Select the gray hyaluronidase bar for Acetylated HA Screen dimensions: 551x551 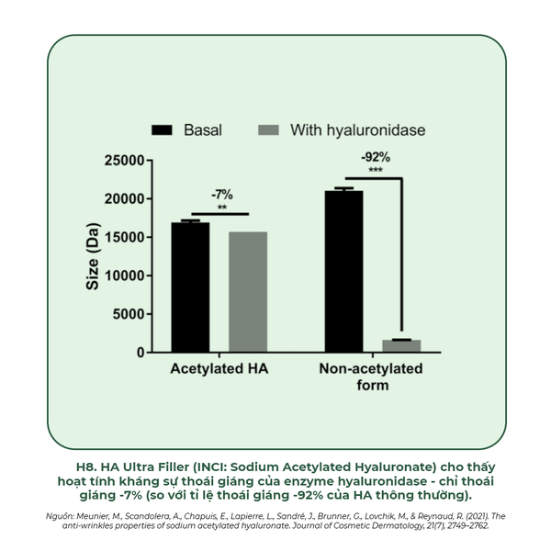point(248,292)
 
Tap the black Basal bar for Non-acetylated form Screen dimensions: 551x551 point(343,271)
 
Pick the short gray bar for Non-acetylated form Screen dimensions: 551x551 point(401,346)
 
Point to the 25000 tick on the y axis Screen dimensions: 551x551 point(121,161)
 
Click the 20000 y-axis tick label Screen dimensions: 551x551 point(121,199)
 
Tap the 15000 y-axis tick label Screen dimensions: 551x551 point(121,238)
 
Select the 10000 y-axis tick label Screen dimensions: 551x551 point(121,276)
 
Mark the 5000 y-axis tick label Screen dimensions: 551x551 point(126,314)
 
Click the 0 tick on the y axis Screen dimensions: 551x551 point(140,353)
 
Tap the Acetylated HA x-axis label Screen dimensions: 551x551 point(219,369)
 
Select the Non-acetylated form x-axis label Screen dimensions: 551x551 point(371,377)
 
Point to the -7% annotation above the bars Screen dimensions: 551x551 point(222,195)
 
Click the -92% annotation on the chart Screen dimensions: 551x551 point(375,156)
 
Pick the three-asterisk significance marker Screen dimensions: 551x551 point(375,170)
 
